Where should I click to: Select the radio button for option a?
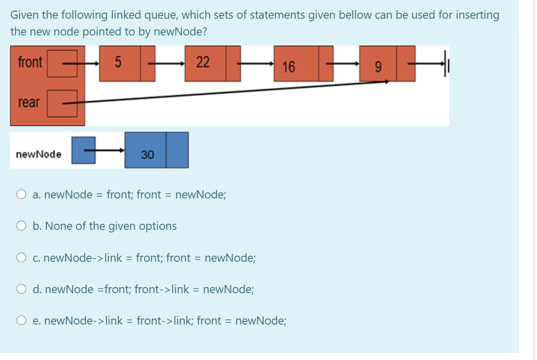coord(21,194)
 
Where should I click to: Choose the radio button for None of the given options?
coord(21,226)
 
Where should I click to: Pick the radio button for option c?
coord(21,258)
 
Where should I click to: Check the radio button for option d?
coord(21,290)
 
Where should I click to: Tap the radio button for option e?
coord(21,321)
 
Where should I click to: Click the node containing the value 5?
coord(120,63)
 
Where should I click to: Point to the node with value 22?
coord(205,63)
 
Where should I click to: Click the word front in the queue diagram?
coord(30,63)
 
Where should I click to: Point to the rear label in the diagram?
coord(29,102)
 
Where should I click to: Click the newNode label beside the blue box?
coord(39,154)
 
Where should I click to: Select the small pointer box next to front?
coord(62,63)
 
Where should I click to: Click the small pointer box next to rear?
coord(62,102)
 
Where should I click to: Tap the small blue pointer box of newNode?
coord(83,150)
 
